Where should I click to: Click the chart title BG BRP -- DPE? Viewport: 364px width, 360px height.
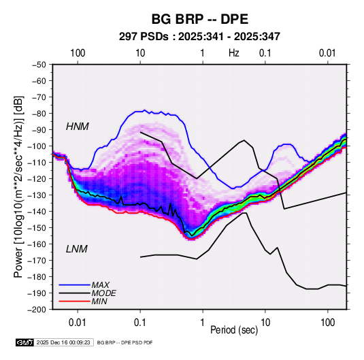(x=200, y=19)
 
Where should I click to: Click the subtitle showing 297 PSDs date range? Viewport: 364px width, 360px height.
(x=199, y=37)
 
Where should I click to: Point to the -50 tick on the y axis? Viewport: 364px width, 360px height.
(x=39, y=65)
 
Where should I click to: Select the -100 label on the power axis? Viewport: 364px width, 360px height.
(x=37, y=146)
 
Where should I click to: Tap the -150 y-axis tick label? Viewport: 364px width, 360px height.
(x=37, y=228)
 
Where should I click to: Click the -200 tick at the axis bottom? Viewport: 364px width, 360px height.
(x=37, y=310)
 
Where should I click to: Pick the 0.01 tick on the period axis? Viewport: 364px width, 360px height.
(x=78, y=323)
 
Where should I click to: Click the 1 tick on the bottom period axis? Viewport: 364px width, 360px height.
(x=203, y=323)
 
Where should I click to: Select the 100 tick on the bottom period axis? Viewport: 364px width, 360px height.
(x=327, y=323)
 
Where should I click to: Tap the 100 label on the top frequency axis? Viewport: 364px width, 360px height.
(x=78, y=53)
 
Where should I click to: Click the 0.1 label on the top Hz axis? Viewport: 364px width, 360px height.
(x=265, y=53)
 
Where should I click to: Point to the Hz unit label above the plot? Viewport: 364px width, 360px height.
(x=234, y=53)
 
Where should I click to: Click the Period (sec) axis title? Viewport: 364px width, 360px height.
(x=234, y=330)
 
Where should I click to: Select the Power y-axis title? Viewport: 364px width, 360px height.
(x=18, y=186)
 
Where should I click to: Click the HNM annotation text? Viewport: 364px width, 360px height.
(x=78, y=127)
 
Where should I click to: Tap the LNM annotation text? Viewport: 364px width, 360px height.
(x=77, y=249)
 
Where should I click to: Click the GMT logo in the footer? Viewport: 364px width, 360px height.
(x=24, y=342)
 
